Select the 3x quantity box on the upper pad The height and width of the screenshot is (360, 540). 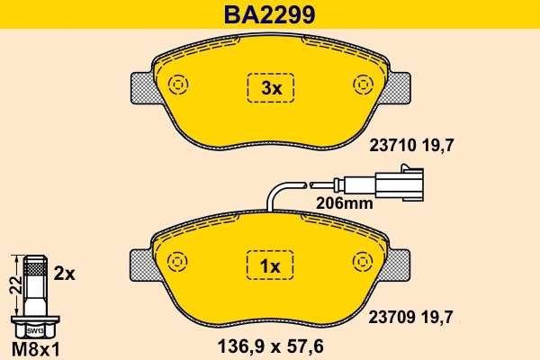coord(271,88)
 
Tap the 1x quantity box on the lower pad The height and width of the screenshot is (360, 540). coord(271,266)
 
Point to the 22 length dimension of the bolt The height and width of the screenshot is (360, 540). coord(13,285)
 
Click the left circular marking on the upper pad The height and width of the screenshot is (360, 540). coord(177,85)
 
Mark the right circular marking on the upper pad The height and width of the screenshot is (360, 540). coord(364,85)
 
